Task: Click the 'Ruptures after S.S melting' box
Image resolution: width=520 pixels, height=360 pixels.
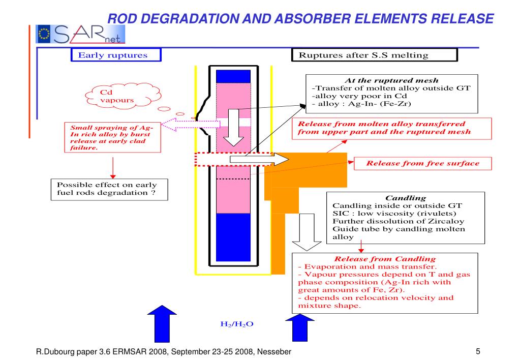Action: click(x=374, y=55)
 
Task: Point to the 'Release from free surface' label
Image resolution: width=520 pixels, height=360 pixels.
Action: click(x=422, y=163)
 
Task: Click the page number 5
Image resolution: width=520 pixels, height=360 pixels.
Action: click(x=478, y=351)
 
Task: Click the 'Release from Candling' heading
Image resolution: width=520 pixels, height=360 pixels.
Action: click(x=384, y=259)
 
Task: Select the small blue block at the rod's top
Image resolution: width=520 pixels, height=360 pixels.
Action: click(x=233, y=76)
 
